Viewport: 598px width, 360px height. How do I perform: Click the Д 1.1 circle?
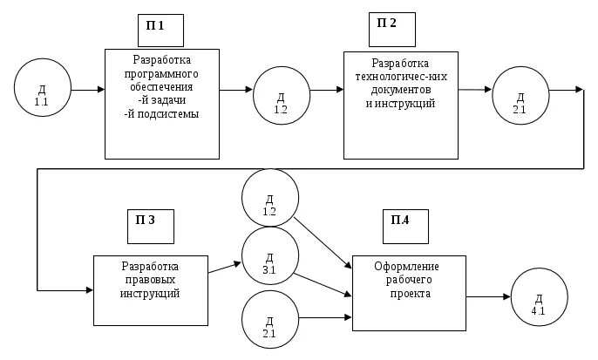42,90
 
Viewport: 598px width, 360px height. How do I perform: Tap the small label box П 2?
391,29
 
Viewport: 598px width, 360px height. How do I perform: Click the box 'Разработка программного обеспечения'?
162,104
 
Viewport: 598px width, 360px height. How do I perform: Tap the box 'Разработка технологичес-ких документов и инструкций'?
400,105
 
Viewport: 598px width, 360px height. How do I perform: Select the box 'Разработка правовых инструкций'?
150,290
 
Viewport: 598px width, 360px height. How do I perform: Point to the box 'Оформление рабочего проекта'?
408,293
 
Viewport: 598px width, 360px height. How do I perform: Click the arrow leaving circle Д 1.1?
87,90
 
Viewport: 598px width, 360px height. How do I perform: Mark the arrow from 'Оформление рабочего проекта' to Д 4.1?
488,297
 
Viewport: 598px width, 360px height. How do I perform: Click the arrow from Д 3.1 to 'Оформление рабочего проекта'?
324,286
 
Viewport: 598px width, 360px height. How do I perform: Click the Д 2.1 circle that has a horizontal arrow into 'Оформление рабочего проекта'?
269,320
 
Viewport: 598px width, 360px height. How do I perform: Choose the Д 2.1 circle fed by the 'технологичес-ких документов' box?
520,95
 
